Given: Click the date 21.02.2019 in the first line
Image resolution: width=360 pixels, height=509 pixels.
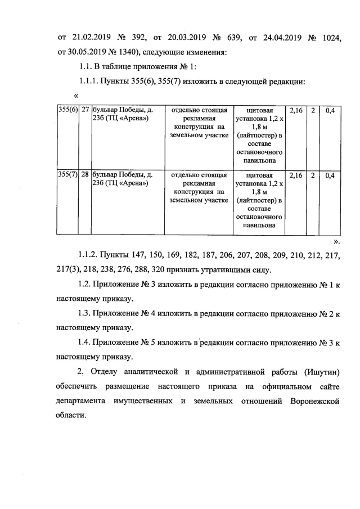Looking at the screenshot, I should [93, 38].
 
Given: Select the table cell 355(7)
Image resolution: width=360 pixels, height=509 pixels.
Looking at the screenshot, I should [67, 174].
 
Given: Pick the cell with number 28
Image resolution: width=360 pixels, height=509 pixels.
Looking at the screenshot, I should [85, 174].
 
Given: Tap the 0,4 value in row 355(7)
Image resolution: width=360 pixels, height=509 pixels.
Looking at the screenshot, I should [330, 174].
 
